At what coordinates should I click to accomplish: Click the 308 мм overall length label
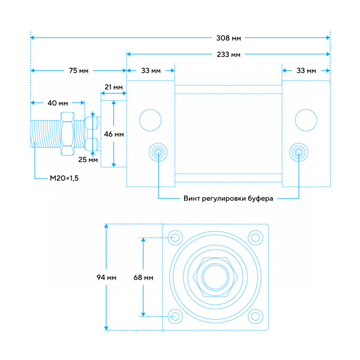[229, 38]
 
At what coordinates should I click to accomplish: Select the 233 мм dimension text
[229, 55]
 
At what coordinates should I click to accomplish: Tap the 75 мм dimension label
[79, 70]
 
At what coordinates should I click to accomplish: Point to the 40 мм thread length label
[58, 103]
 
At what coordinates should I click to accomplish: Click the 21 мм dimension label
[113, 87]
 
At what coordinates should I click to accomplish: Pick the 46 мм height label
[114, 134]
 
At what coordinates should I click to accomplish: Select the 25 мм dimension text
[88, 160]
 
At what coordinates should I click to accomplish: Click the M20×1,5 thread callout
[64, 178]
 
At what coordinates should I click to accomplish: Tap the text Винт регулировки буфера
[228, 199]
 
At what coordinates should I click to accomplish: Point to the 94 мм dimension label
[106, 278]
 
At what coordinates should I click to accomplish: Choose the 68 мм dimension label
[143, 278]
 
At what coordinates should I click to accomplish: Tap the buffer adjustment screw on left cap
[158, 152]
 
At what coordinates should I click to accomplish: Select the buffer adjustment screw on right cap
[299, 152]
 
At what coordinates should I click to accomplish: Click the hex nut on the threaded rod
[67, 134]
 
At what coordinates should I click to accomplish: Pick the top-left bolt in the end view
[175, 238]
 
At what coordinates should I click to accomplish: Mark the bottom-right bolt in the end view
[256, 316]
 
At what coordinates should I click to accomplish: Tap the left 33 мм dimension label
[151, 70]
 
